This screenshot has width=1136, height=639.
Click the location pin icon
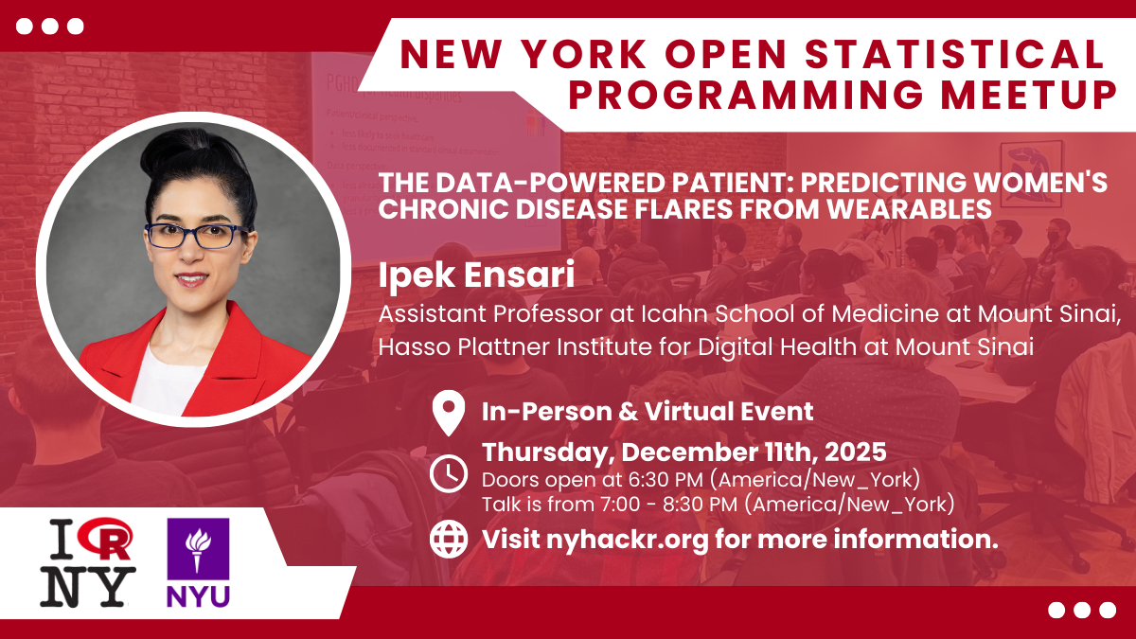[449, 413]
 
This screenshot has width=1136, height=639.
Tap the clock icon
[449, 473]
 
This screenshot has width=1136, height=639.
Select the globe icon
[449, 539]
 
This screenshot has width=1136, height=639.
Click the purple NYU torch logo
[198, 549]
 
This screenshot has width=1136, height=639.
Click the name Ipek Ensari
[476, 275]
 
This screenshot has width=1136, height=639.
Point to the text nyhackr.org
[627, 540]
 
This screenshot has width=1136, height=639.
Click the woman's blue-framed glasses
[196, 236]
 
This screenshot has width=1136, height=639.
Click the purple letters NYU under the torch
[198, 596]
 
